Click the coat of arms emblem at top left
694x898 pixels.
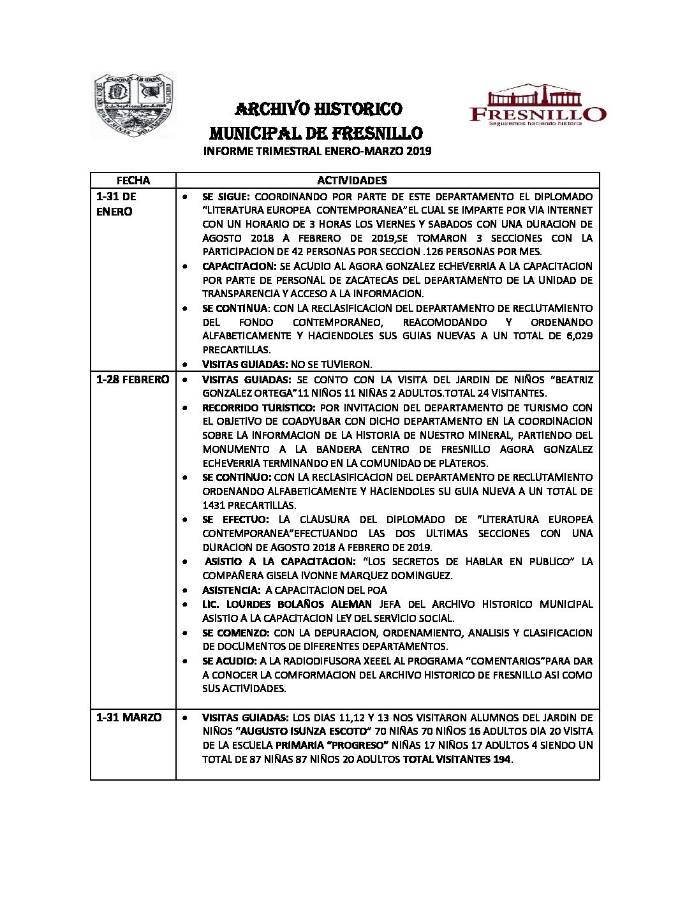tap(133, 106)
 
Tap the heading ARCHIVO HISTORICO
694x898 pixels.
tap(318, 109)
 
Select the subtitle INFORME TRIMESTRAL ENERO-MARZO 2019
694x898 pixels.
tap(317, 151)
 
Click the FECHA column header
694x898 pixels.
tap(133, 180)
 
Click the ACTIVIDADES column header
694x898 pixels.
tap(351, 180)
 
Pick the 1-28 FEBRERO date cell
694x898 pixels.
tap(133, 379)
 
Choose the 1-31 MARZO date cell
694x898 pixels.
tap(129, 718)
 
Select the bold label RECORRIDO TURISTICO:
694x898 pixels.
tap(258, 408)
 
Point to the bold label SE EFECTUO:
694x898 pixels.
tap(235, 519)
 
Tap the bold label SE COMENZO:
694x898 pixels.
tap(235, 633)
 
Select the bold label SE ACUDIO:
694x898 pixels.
tap(230, 661)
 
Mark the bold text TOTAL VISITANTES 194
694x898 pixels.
tap(457, 759)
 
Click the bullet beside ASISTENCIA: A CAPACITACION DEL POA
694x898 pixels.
tap(185, 591)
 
